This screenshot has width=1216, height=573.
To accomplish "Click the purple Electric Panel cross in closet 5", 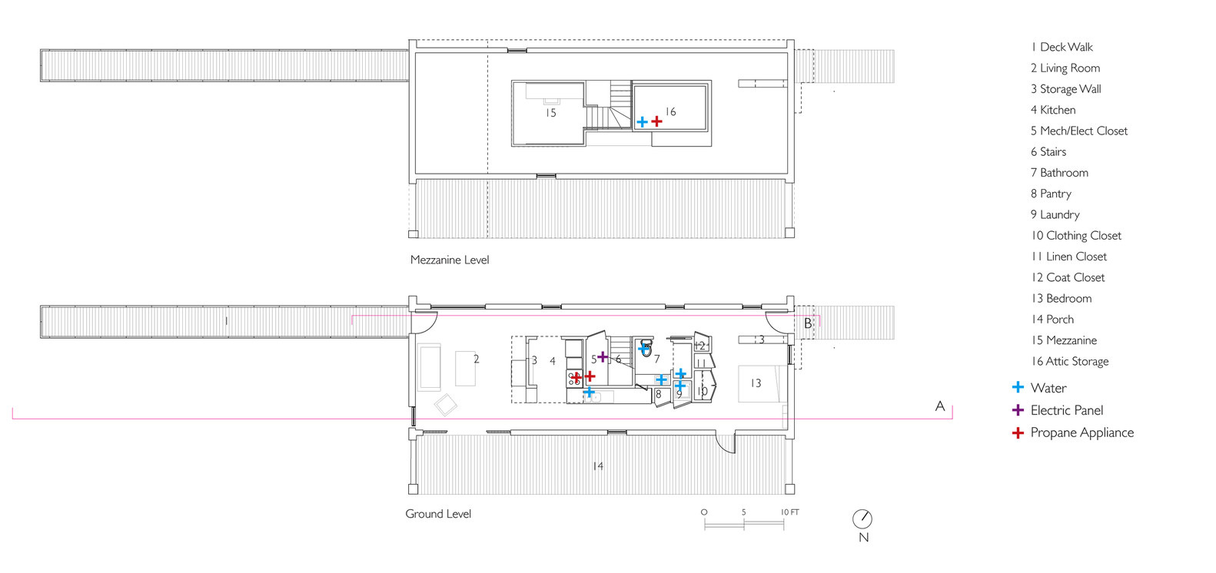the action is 603,356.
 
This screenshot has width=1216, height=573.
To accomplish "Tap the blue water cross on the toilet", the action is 644,349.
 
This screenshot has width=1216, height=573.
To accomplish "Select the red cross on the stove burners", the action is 576,376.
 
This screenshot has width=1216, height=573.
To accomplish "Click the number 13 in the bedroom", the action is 756,383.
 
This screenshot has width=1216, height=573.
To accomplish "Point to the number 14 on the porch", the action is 598,465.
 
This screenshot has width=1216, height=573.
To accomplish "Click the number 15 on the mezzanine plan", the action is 551,113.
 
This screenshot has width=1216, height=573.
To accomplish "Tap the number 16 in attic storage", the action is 670,112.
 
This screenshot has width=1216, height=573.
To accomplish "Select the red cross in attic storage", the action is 657,121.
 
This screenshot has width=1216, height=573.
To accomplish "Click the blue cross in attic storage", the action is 642,121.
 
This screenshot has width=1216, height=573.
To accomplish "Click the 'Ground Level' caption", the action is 438,514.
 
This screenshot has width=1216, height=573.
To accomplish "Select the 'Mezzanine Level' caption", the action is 450,260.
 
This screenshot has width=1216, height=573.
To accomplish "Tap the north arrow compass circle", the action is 862,518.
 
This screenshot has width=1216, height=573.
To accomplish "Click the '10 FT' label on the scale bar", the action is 790,512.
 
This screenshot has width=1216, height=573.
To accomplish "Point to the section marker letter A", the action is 940,406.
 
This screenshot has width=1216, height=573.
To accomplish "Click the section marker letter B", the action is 808,323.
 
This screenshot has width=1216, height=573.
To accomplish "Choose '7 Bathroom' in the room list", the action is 1059,173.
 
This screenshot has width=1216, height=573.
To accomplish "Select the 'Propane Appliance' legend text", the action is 1082,432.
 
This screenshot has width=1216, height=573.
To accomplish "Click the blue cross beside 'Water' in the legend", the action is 1018,387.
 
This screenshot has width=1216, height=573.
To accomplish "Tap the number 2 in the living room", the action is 476,359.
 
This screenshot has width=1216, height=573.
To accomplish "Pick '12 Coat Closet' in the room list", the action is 1068,277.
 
